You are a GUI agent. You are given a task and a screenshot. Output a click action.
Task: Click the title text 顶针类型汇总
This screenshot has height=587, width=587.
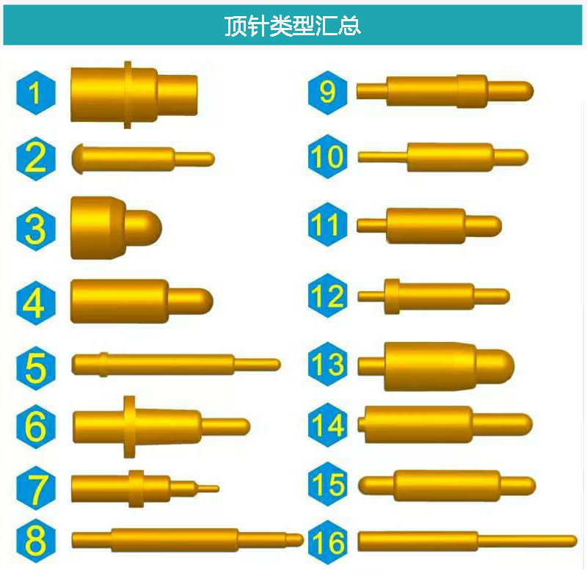(293, 26)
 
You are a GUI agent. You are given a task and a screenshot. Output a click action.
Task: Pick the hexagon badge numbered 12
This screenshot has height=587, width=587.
(327, 296)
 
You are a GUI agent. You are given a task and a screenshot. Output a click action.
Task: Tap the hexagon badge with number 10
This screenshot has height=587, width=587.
(327, 156)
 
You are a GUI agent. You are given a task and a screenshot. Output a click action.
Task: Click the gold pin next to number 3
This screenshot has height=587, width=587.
(114, 227)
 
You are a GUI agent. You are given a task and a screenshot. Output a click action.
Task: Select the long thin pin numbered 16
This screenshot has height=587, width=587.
(466, 542)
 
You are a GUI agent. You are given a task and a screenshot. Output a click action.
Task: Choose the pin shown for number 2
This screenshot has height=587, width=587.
(143, 158)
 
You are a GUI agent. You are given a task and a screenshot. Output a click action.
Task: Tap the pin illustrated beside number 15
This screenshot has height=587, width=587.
(448, 485)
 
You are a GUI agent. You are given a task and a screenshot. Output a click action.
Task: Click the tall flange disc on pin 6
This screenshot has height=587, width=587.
(130, 426)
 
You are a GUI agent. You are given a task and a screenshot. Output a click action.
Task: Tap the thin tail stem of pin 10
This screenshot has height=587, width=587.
(382, 156)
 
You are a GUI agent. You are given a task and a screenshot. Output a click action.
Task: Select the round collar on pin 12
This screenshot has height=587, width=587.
(392, 296)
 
